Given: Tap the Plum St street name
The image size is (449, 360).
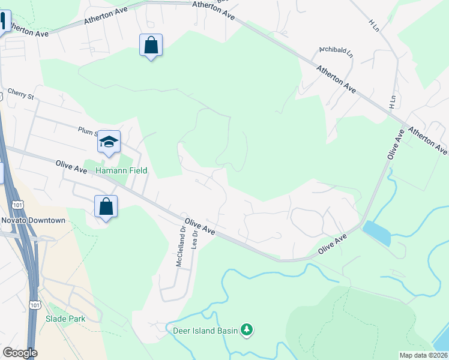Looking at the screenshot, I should (86, 130).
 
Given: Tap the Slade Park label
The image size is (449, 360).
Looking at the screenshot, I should (65, 319).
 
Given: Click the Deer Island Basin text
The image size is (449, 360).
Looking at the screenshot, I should (205, 330).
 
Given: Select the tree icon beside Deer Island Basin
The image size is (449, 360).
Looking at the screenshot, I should (246, 329).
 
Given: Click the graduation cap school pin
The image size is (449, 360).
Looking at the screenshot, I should (109, 142).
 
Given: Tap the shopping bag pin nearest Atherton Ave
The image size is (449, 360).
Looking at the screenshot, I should (151, 45).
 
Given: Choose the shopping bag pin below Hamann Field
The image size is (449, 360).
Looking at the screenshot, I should (106, 207).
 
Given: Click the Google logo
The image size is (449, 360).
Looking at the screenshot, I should (20, 353).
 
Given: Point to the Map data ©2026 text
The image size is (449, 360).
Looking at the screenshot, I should (423, 355).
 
